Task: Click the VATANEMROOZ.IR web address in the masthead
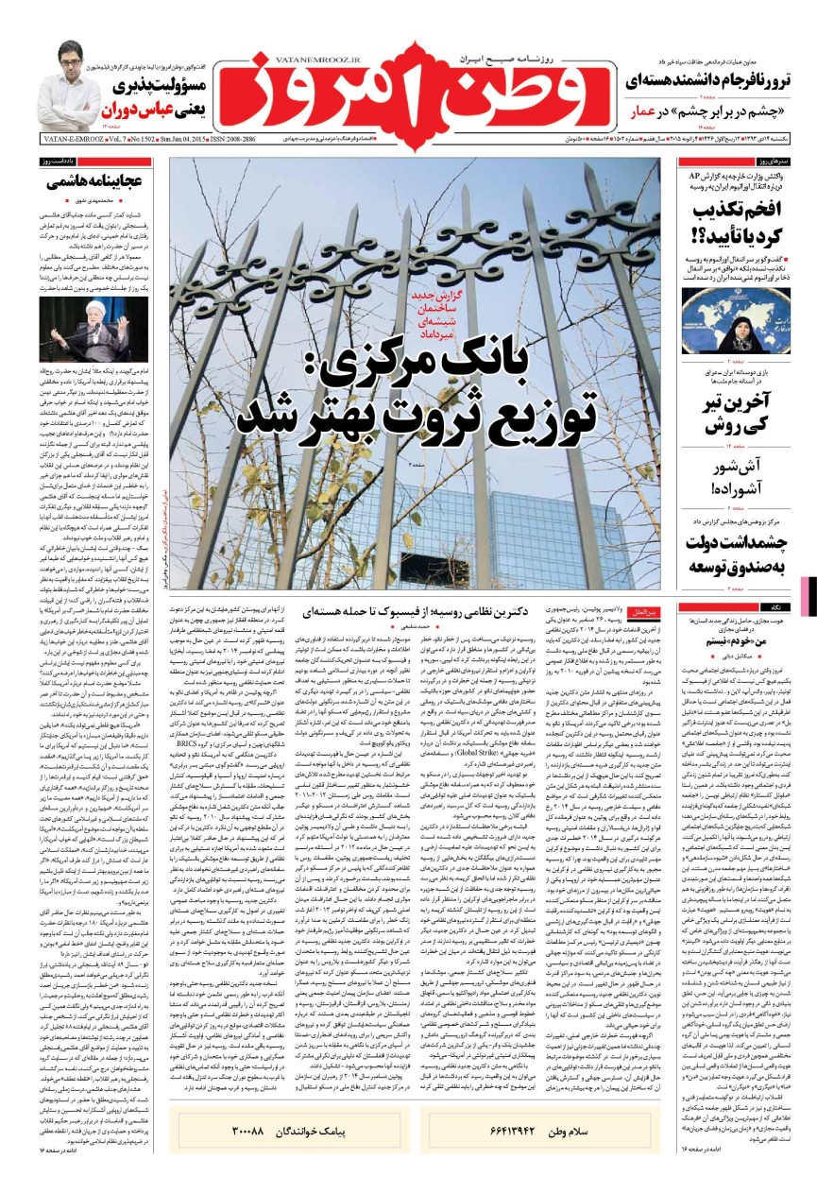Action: pyautogui.click(x=291, y=58)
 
